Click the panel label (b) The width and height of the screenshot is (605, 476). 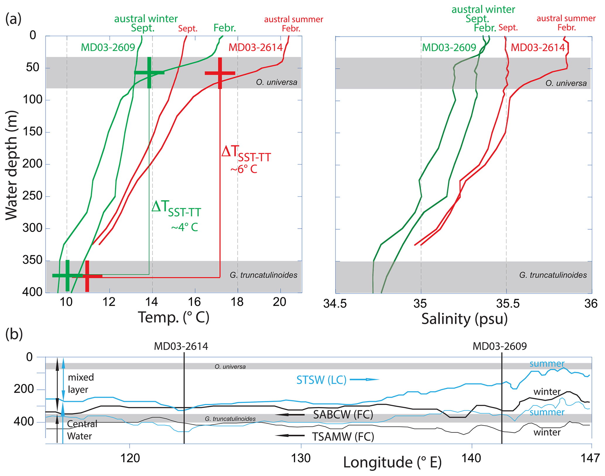pyautogui.click(x=14, y=334)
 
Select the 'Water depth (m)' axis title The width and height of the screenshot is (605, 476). pyautogui.click(x=12, y=165)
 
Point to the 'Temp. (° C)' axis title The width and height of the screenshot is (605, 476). pyautogui.click(x=174, y=317)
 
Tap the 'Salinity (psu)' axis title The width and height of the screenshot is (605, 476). pyautogui.click(x=464, y=319)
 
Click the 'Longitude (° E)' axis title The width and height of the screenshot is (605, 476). pyautogui.click(x=392, y=462)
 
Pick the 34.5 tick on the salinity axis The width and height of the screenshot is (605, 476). pyautogui.click(x=335, y=304)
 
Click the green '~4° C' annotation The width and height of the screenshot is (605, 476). pyautogui.click(x=184, y=227)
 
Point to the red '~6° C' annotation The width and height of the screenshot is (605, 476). pyautogui.click(x=244, y=169)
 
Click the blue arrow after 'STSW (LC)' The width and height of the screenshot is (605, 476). pyautogui.click(x=364, y=380)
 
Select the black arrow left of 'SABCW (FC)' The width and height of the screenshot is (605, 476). pyautogui.click(x=290, y=414)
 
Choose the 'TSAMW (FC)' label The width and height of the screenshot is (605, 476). pyautogui.click(x=343, y=437)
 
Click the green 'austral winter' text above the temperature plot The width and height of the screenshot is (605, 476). pyautogui.click(x=146, y=19)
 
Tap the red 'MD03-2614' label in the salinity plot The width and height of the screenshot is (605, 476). pyautogui.click(x=537, y=47)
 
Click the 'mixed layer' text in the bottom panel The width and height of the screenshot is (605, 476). pyautogui.click(x=80, y=383)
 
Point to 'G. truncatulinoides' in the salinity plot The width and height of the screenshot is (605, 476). pyautogui.click(x=553, y=275)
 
